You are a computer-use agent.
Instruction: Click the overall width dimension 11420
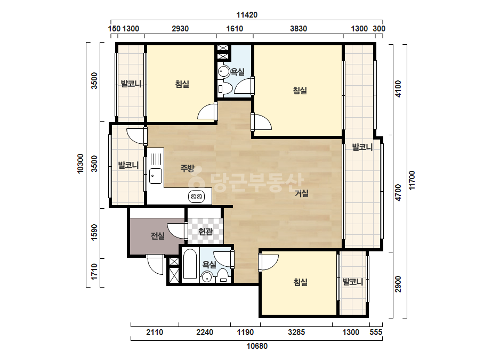247,15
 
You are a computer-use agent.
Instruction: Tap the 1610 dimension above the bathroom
235,29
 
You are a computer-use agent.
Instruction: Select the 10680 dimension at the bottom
257,346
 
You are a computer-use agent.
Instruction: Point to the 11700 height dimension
412,180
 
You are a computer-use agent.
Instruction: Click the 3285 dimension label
296,332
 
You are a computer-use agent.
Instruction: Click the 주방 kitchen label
187,168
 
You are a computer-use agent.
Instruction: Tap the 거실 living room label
302,193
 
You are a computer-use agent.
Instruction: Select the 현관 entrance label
206,232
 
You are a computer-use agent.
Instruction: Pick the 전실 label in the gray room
158,235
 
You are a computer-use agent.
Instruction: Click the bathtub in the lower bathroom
190,264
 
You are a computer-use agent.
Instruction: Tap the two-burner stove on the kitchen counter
196,197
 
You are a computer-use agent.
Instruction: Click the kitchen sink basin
156,176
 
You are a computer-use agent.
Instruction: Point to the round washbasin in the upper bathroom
223,72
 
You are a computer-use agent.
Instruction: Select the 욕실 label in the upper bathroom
238,72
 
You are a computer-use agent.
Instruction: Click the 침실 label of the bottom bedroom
300,282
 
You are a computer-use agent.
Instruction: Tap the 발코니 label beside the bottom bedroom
353,282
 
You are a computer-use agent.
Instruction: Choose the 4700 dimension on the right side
398,193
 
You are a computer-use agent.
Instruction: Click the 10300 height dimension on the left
80,163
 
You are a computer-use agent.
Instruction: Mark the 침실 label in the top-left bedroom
182,84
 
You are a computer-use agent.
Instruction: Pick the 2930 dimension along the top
180,29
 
